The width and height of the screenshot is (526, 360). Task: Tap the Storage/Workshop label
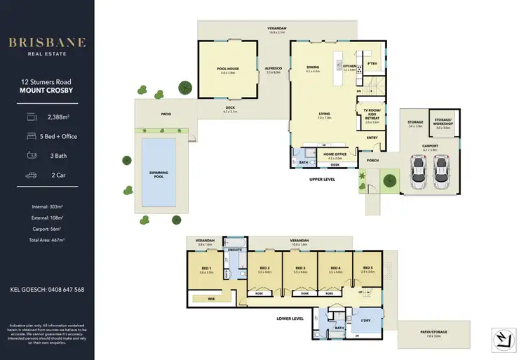click(443, 123)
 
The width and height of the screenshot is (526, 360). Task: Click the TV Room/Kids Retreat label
click(371, 114)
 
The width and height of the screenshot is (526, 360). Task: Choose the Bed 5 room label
click(368, 267)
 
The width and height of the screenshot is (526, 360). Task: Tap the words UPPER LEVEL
click(322, 179)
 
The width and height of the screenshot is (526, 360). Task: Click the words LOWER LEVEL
click(289, 318)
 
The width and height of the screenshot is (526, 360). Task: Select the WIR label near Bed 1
click(210, 298)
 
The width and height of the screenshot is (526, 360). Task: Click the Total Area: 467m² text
click(48, 240)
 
